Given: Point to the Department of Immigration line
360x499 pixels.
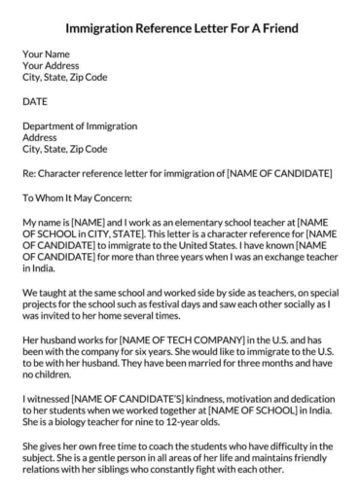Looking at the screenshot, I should pyautogui.click(x=80, y=126).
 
